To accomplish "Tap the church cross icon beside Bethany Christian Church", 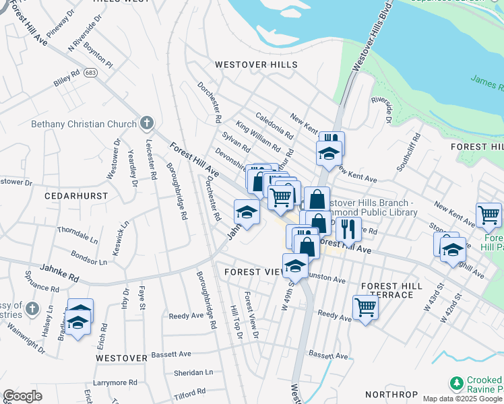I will (x=147, y=123).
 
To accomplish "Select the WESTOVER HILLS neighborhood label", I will (x=256, y=65).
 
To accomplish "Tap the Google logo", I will (x=22, y=396).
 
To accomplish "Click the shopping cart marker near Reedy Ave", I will (x=365, y=308).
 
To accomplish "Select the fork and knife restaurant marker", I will (x=348, y=228).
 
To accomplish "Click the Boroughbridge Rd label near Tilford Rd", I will (x=204, y=300).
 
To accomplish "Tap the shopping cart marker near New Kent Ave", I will (x=489, y=215).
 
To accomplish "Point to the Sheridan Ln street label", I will (x=193, y=372).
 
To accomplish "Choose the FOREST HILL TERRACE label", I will (x=391, y=290).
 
